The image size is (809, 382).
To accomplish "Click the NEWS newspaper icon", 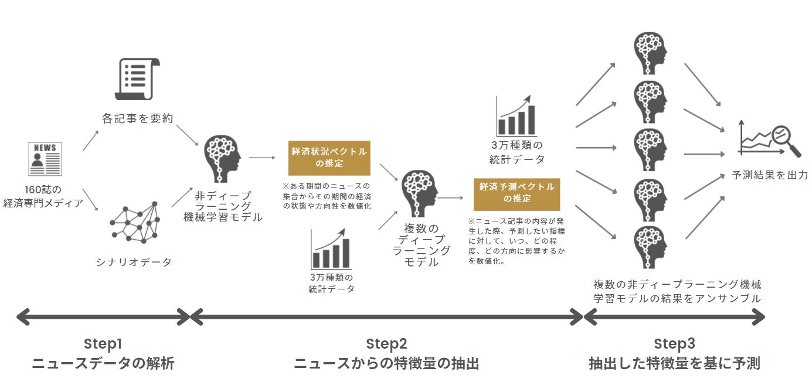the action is point(45,158).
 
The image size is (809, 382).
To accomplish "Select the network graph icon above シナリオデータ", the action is point(134,224).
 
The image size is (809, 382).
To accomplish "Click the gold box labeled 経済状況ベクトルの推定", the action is point(329,158).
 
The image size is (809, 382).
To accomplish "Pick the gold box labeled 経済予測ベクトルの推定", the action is point(517,193).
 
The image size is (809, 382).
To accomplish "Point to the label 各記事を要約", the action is point(137,119).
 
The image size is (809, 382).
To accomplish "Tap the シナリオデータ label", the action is point(134,262).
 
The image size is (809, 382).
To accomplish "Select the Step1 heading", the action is point(103,343).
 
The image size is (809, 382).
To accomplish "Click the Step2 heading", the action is point(386,343).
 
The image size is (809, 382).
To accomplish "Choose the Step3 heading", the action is point(674,343).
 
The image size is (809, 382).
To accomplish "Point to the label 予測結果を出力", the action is point(770,175).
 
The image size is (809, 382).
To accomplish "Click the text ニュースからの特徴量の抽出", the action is point(386,364).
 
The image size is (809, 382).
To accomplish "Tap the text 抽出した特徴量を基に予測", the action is point(674,364).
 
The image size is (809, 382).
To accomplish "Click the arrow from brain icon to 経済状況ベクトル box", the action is point(262,158).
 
